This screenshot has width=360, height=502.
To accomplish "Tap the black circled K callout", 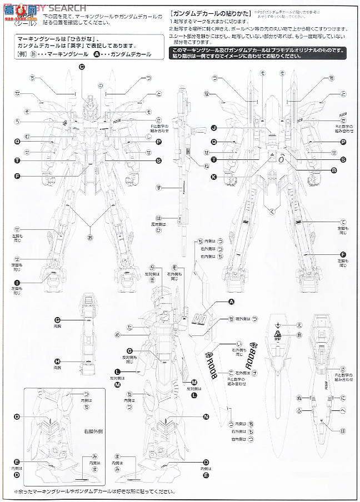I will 213,177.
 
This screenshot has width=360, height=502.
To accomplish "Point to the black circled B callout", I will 334,170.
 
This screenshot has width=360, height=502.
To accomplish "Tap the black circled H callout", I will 57,360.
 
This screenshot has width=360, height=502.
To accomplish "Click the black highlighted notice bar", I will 260,52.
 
